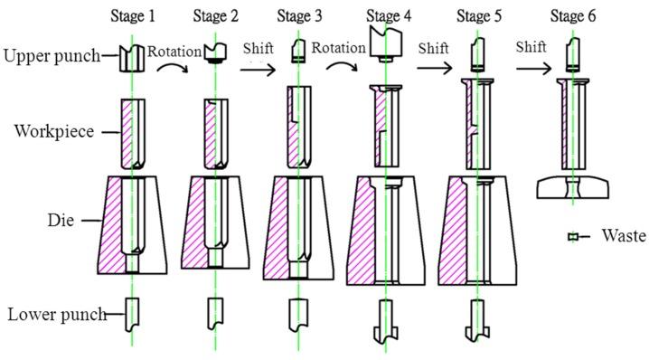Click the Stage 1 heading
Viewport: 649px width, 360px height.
pyautogui.click(x=133, y=16)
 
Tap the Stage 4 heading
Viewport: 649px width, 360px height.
pyautogui.click(x=389, y=16)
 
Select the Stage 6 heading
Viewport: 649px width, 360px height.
pyautogui.click(x=573, y=16)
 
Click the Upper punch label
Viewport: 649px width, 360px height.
pyautogui.click(x=52, y=55)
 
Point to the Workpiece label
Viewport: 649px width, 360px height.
pyautogui.click(x=54, y=131)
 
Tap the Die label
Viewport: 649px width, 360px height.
pyautogui.click(x=61, y=220)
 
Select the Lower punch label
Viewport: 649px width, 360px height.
pyautogui.click(x=58, y=315)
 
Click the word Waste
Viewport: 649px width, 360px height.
pyautogui.click(x=624, y=235)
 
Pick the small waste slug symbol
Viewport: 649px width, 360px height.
pyautogui.click(x=573, y=237)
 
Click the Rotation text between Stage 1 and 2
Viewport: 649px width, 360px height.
pyautogui.click(x=174, y=52)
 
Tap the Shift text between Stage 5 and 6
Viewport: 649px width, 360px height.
pyautogui.click(x=531, y=47)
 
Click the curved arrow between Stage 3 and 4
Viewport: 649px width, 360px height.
pyautogui.click(x=342, y=65)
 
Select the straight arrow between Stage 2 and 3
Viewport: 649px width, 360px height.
pyautogui.click(x=258, y=69)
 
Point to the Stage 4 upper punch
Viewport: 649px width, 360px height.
pyautogui.click(x=385, y=44)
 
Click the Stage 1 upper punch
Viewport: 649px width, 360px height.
pyautogui.click(x=132, y=59)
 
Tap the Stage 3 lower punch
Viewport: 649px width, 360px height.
pyautogui.click(x=298, y=315)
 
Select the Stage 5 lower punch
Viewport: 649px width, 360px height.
pyautogui.click(x=477, y=320)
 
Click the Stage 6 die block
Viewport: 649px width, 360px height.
pyautogui.click(x=573, y=187)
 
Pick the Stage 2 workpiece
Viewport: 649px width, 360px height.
pyautogui.click(x=216, y=134)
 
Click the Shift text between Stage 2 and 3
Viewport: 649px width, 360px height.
pyautogui.click(x=259, y=49)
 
